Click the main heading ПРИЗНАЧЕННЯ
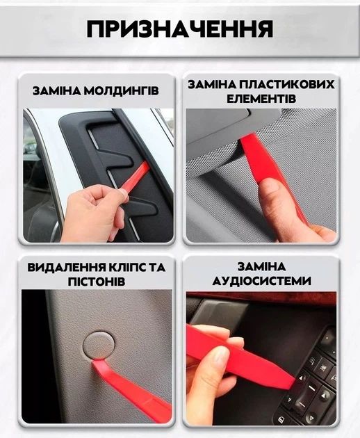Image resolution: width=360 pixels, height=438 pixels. click(x=179, y=29)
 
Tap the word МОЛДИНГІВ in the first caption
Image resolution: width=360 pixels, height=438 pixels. click(x=125, y=91)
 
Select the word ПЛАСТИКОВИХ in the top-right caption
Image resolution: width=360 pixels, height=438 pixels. click(x=291, y=84)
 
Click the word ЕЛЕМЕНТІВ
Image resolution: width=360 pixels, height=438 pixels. click(x=261, y=99)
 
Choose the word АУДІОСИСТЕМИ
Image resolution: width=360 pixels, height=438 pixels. click(x=261, y=282)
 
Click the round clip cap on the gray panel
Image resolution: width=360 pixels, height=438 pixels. click(x=100, y=345)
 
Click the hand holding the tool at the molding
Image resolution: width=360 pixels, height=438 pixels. click(x=94, y=212)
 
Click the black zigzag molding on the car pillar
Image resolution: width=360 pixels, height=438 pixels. click(x=104, y=160)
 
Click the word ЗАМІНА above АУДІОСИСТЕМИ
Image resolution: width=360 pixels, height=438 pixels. click(x=261, y=267)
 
